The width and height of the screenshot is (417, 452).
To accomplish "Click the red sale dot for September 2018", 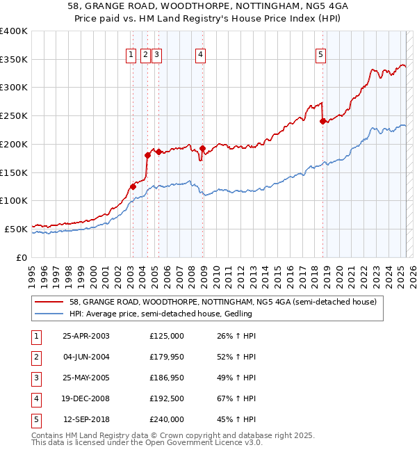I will [322, 121].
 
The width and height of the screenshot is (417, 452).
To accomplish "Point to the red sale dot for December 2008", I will [202, 148].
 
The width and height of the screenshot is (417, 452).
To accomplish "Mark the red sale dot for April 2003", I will [133, 186].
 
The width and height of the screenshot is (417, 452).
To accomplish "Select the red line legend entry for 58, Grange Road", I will [222, 302].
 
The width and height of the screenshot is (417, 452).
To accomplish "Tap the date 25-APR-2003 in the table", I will [86, 336].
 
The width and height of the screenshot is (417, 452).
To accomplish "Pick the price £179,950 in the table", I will [167, 357].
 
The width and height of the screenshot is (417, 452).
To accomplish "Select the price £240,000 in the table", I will [167, 419].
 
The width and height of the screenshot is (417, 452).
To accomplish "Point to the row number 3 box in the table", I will [35, 378].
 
